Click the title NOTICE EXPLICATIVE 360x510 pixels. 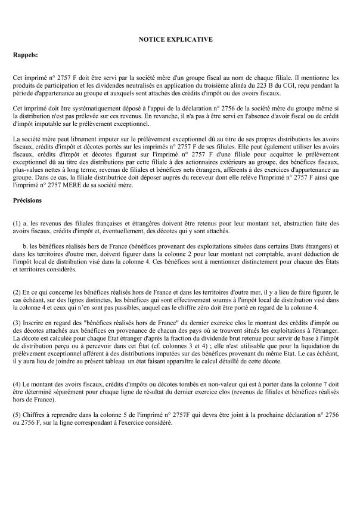(x=179, y=39)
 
